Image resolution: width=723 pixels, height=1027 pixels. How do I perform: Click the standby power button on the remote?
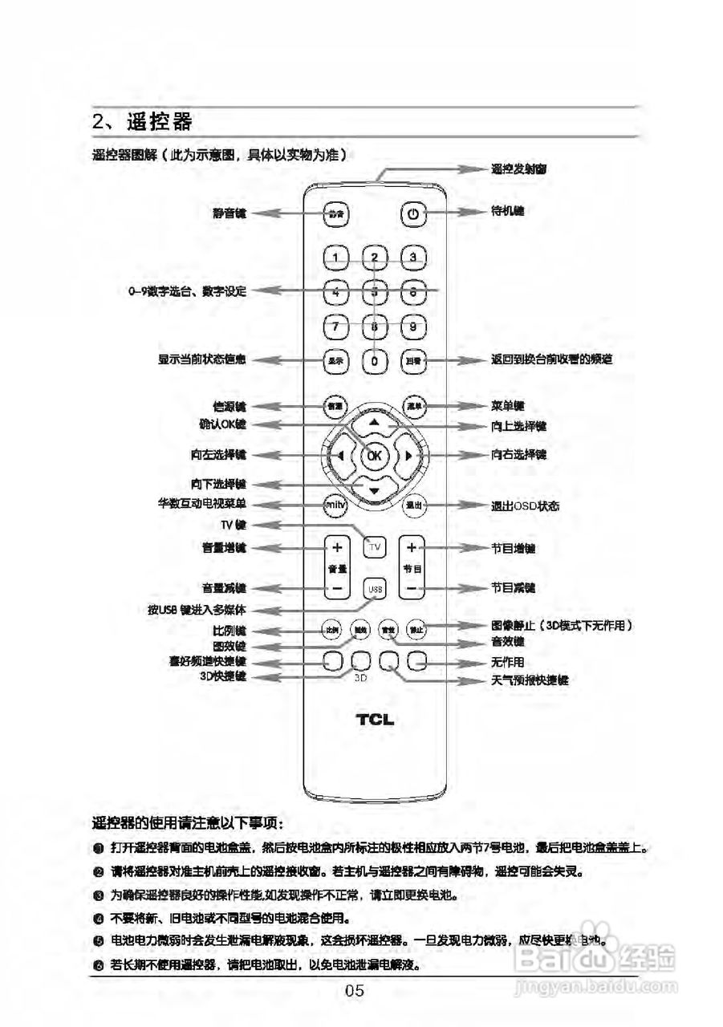(412, 214)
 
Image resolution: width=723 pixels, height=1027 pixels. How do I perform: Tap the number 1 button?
(336, 258)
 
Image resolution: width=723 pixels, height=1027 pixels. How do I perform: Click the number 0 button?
(375, 361)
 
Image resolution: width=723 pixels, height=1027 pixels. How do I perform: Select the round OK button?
(374, 456)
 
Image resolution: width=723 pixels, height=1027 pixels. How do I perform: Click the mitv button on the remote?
(335, 505)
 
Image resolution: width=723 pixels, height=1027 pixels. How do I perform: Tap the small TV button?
(375, 547)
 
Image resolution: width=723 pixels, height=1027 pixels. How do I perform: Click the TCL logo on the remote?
(375, 720)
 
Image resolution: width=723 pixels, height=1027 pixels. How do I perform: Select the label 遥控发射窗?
(519, 169)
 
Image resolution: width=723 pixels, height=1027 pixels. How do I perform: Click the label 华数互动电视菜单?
(201, 504)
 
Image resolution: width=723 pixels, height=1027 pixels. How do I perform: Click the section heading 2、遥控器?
(142, 122)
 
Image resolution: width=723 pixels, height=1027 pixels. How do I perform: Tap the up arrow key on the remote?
(374, 422)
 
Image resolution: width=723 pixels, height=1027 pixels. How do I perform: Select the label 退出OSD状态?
(525, 506)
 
